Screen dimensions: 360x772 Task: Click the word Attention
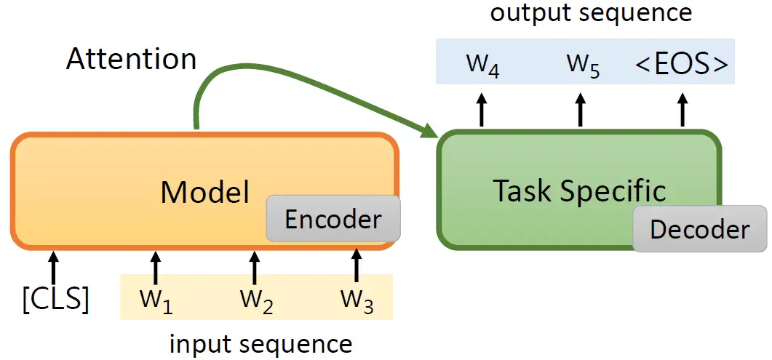(x=131, y=59)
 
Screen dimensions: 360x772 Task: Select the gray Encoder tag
(x=333, y=219)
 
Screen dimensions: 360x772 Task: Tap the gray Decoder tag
(x=699, y=229)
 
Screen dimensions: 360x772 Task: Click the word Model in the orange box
(x=204, y=192)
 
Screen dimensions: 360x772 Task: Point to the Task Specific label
(x=579, y=191)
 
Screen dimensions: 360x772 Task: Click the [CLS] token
(x=55, y=299)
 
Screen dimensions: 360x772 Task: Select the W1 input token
(x=156, y=300)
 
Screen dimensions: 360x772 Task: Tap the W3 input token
(x=357, y=300)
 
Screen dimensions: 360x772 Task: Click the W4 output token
(x=482, y=65)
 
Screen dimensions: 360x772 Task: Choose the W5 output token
(x=582, y=65)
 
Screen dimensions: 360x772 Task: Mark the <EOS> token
(x=681, y=65)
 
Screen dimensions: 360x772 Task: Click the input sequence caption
(x=260, y=343)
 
